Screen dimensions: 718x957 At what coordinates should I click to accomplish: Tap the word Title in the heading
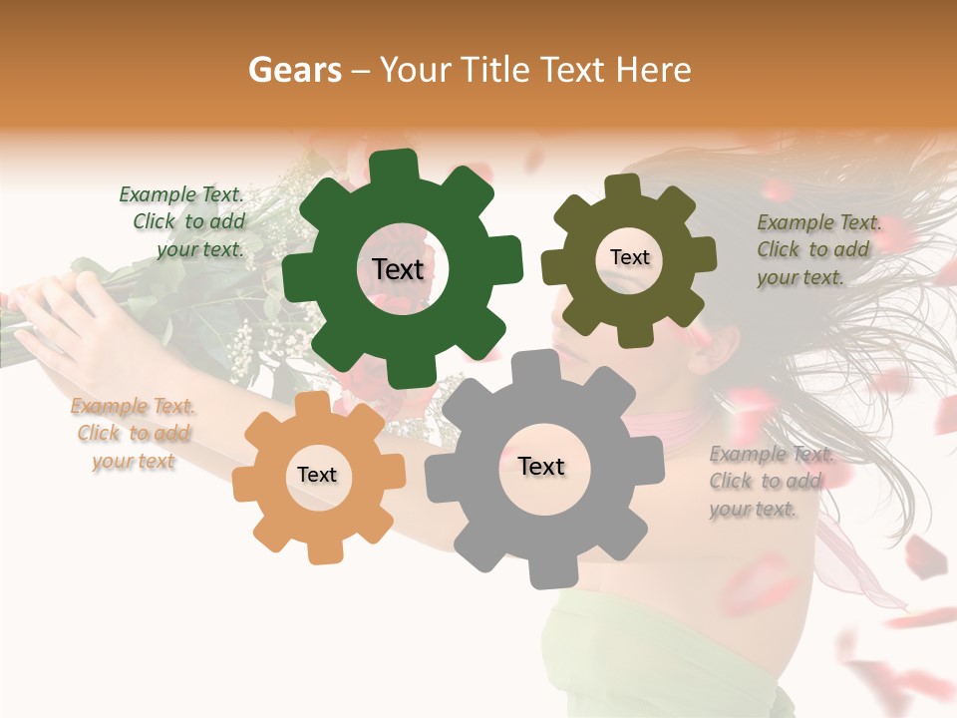[x=492, y=70]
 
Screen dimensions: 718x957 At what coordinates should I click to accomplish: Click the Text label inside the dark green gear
[x=398, y=269]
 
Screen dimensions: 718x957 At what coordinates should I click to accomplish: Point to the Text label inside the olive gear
[x=629, y=257]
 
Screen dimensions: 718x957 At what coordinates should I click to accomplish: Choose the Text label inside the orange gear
[x=317, y=475]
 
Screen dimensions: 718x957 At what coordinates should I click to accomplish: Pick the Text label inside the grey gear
[x=541, y=466]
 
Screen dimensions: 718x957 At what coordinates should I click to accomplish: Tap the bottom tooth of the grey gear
[x=547, y=572]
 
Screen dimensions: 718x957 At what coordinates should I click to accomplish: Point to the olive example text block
[x=815, y=250]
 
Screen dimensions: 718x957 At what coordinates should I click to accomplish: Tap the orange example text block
[x=134, y=434]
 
